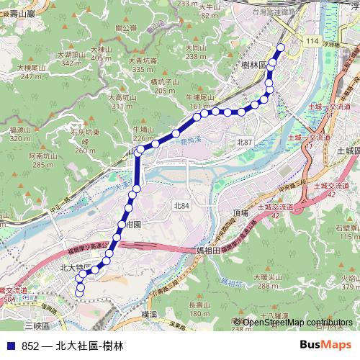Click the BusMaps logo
click(326, 345)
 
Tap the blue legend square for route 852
click(9, 346)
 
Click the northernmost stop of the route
click(280, 48)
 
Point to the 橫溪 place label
click(149, 315)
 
